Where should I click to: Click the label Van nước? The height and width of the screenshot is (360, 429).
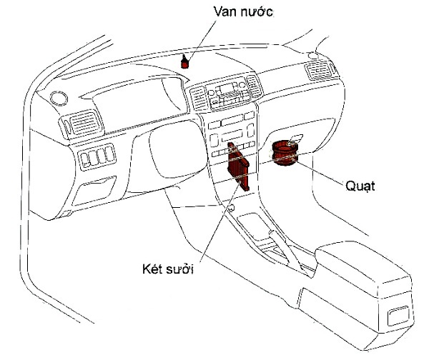pos(243,11)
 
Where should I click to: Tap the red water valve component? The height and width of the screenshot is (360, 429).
pos(185,62)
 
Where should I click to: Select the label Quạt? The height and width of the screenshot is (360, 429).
pos(360,186)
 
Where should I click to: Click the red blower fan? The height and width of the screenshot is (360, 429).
pos(285,153)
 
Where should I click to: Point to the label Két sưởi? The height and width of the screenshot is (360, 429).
pos(168,269)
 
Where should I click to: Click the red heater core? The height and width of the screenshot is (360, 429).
pos(238,166)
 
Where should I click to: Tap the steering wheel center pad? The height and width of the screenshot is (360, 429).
pos(178,150)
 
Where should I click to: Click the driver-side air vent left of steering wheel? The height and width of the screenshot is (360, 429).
pos(83,124)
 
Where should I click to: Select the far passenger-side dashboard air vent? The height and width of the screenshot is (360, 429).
pos(319,70)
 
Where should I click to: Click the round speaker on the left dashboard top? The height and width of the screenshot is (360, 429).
pos(59,98)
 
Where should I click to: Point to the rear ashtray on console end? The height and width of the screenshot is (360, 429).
pos(399,316)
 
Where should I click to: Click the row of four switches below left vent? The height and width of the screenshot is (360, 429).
pos(97,156)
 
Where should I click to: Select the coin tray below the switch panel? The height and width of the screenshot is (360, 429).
pos(94,191)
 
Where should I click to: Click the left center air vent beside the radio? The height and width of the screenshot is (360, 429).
pos(198,99)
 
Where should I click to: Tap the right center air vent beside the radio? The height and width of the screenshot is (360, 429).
pos(254,86)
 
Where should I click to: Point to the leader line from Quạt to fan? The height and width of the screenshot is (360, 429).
pos(319,171)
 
